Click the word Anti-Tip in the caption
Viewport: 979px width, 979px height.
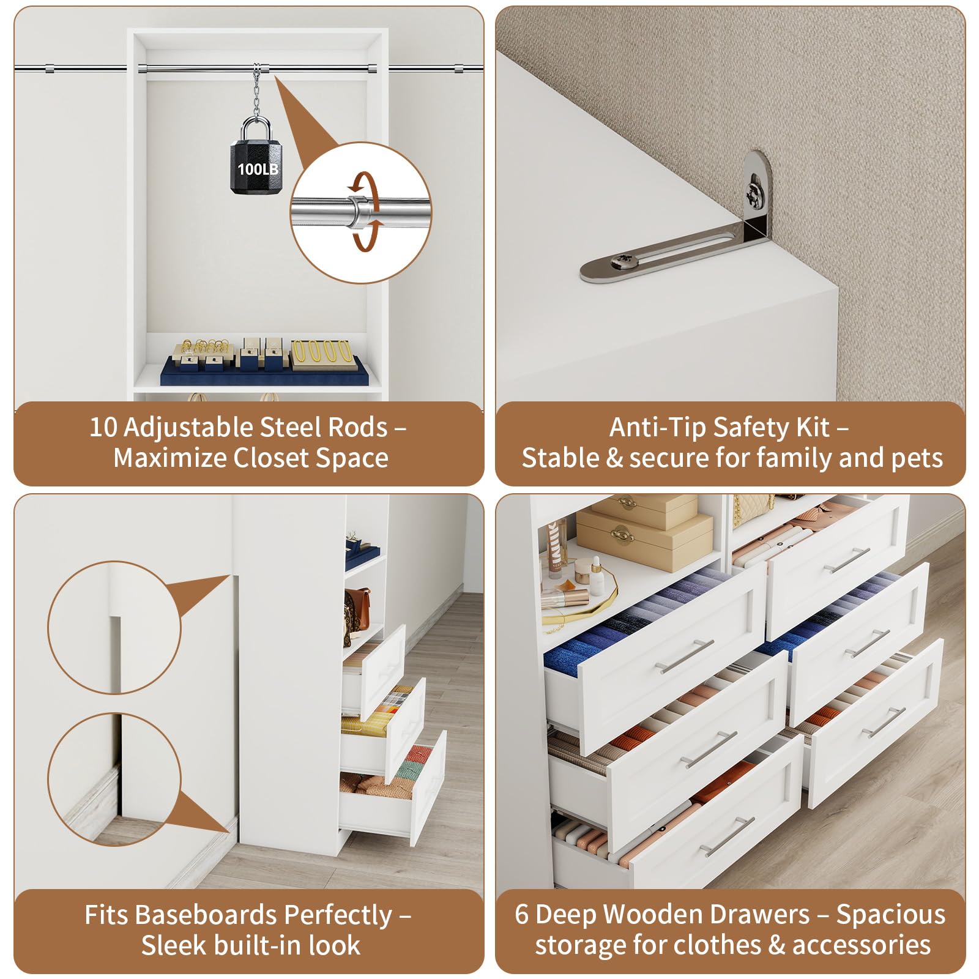tap(658, 427)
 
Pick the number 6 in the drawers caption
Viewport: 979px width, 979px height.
tap(521, 914)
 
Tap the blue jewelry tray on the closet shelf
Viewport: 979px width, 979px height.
tap(264, 373)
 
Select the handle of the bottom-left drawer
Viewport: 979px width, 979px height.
tap(728, 836)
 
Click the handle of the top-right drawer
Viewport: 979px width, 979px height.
tap(847, 560)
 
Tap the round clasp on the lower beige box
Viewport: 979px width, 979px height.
tap(622, 534)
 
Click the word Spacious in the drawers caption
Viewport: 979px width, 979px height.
tap(891, 915)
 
